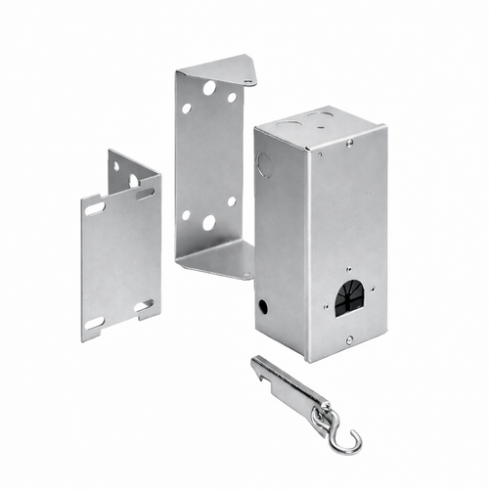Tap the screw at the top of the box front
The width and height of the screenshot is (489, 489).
(x=349, y=143)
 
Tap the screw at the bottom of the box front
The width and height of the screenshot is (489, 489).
(x=350, y=339)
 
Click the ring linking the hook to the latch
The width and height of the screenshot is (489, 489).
(x=322, y=415)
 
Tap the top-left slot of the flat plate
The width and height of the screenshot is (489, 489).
(x=95, y=208)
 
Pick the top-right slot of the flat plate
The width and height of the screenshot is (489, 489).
(x=145, y=194)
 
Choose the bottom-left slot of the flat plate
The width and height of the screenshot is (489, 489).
(x=95, y=323)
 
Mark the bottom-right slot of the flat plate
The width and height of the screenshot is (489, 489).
(x=143, y=306)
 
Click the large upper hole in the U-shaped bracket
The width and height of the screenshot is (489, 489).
(x=209, y=88)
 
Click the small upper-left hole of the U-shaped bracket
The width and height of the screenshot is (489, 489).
(x=186, y=108)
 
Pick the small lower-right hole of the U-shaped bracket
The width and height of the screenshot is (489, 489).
(x=232, y=201)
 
